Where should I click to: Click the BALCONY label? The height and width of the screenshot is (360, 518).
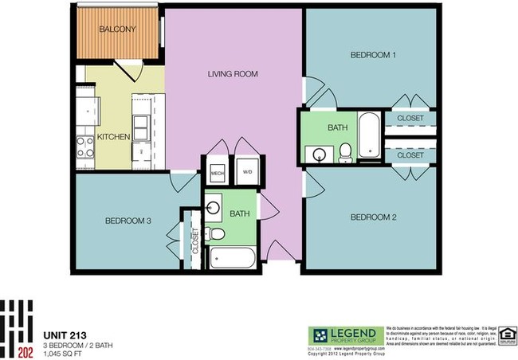click(117, 30)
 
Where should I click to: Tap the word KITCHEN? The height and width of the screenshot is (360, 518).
click(113, 137)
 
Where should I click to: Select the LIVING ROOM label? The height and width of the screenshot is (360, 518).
click(233, 74)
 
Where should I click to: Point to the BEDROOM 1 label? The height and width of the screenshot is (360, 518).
click(374, 55)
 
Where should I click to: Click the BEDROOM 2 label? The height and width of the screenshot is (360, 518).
click(374, 216)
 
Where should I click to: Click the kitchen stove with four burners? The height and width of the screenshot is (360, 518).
click(84, 146)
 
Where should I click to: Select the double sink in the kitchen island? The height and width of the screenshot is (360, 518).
click(140, 127)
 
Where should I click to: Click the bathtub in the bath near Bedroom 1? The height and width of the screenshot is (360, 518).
click(369, 137)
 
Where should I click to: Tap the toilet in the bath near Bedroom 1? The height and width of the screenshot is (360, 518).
click(346, 152)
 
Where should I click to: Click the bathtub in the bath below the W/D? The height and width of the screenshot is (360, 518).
click(232, 258)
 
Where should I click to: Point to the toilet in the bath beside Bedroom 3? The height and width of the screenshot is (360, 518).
click(212, 233)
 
